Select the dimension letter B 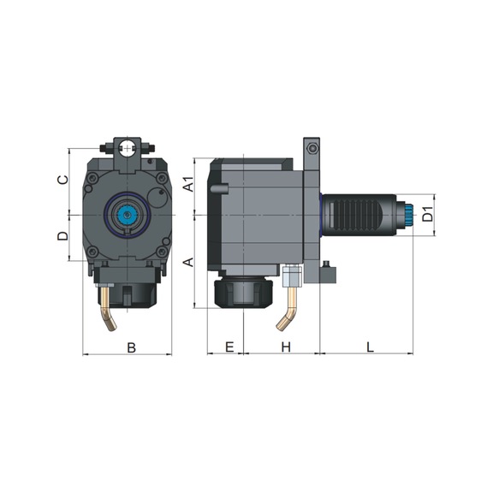131,347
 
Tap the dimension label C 62,181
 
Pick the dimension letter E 229,347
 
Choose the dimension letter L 370,347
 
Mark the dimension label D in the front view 62,236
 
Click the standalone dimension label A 190,259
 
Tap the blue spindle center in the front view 128,215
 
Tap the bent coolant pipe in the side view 288,310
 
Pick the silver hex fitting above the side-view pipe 291,276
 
